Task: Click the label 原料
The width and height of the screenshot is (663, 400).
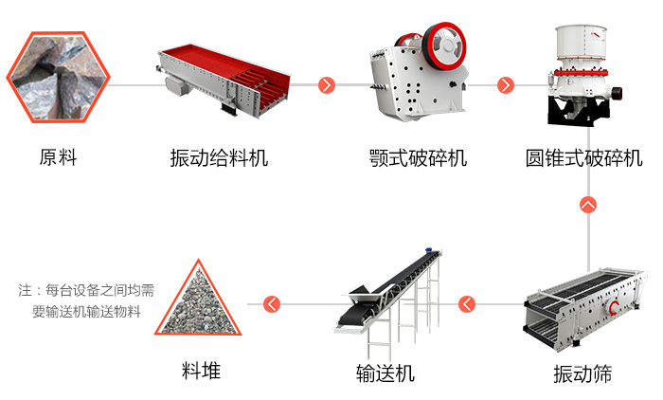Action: click(58, 157)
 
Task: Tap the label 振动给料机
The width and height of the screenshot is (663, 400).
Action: click(219, 157)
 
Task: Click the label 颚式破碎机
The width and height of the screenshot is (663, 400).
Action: click(418, 157)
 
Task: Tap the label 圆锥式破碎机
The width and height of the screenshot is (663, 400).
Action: click(583, 157)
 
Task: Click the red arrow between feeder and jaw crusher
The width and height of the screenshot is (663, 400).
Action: click(327, 85)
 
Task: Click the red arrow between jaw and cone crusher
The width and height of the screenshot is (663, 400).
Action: click(505, 85)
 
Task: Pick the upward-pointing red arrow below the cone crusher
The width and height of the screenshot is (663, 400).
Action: click(588, 204)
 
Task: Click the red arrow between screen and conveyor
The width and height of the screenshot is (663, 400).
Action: click(467, 304)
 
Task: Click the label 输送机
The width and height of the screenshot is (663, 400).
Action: click(385, 373)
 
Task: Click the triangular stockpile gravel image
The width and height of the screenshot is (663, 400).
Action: click(200, 300)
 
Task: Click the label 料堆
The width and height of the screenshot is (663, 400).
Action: click(201, 371)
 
